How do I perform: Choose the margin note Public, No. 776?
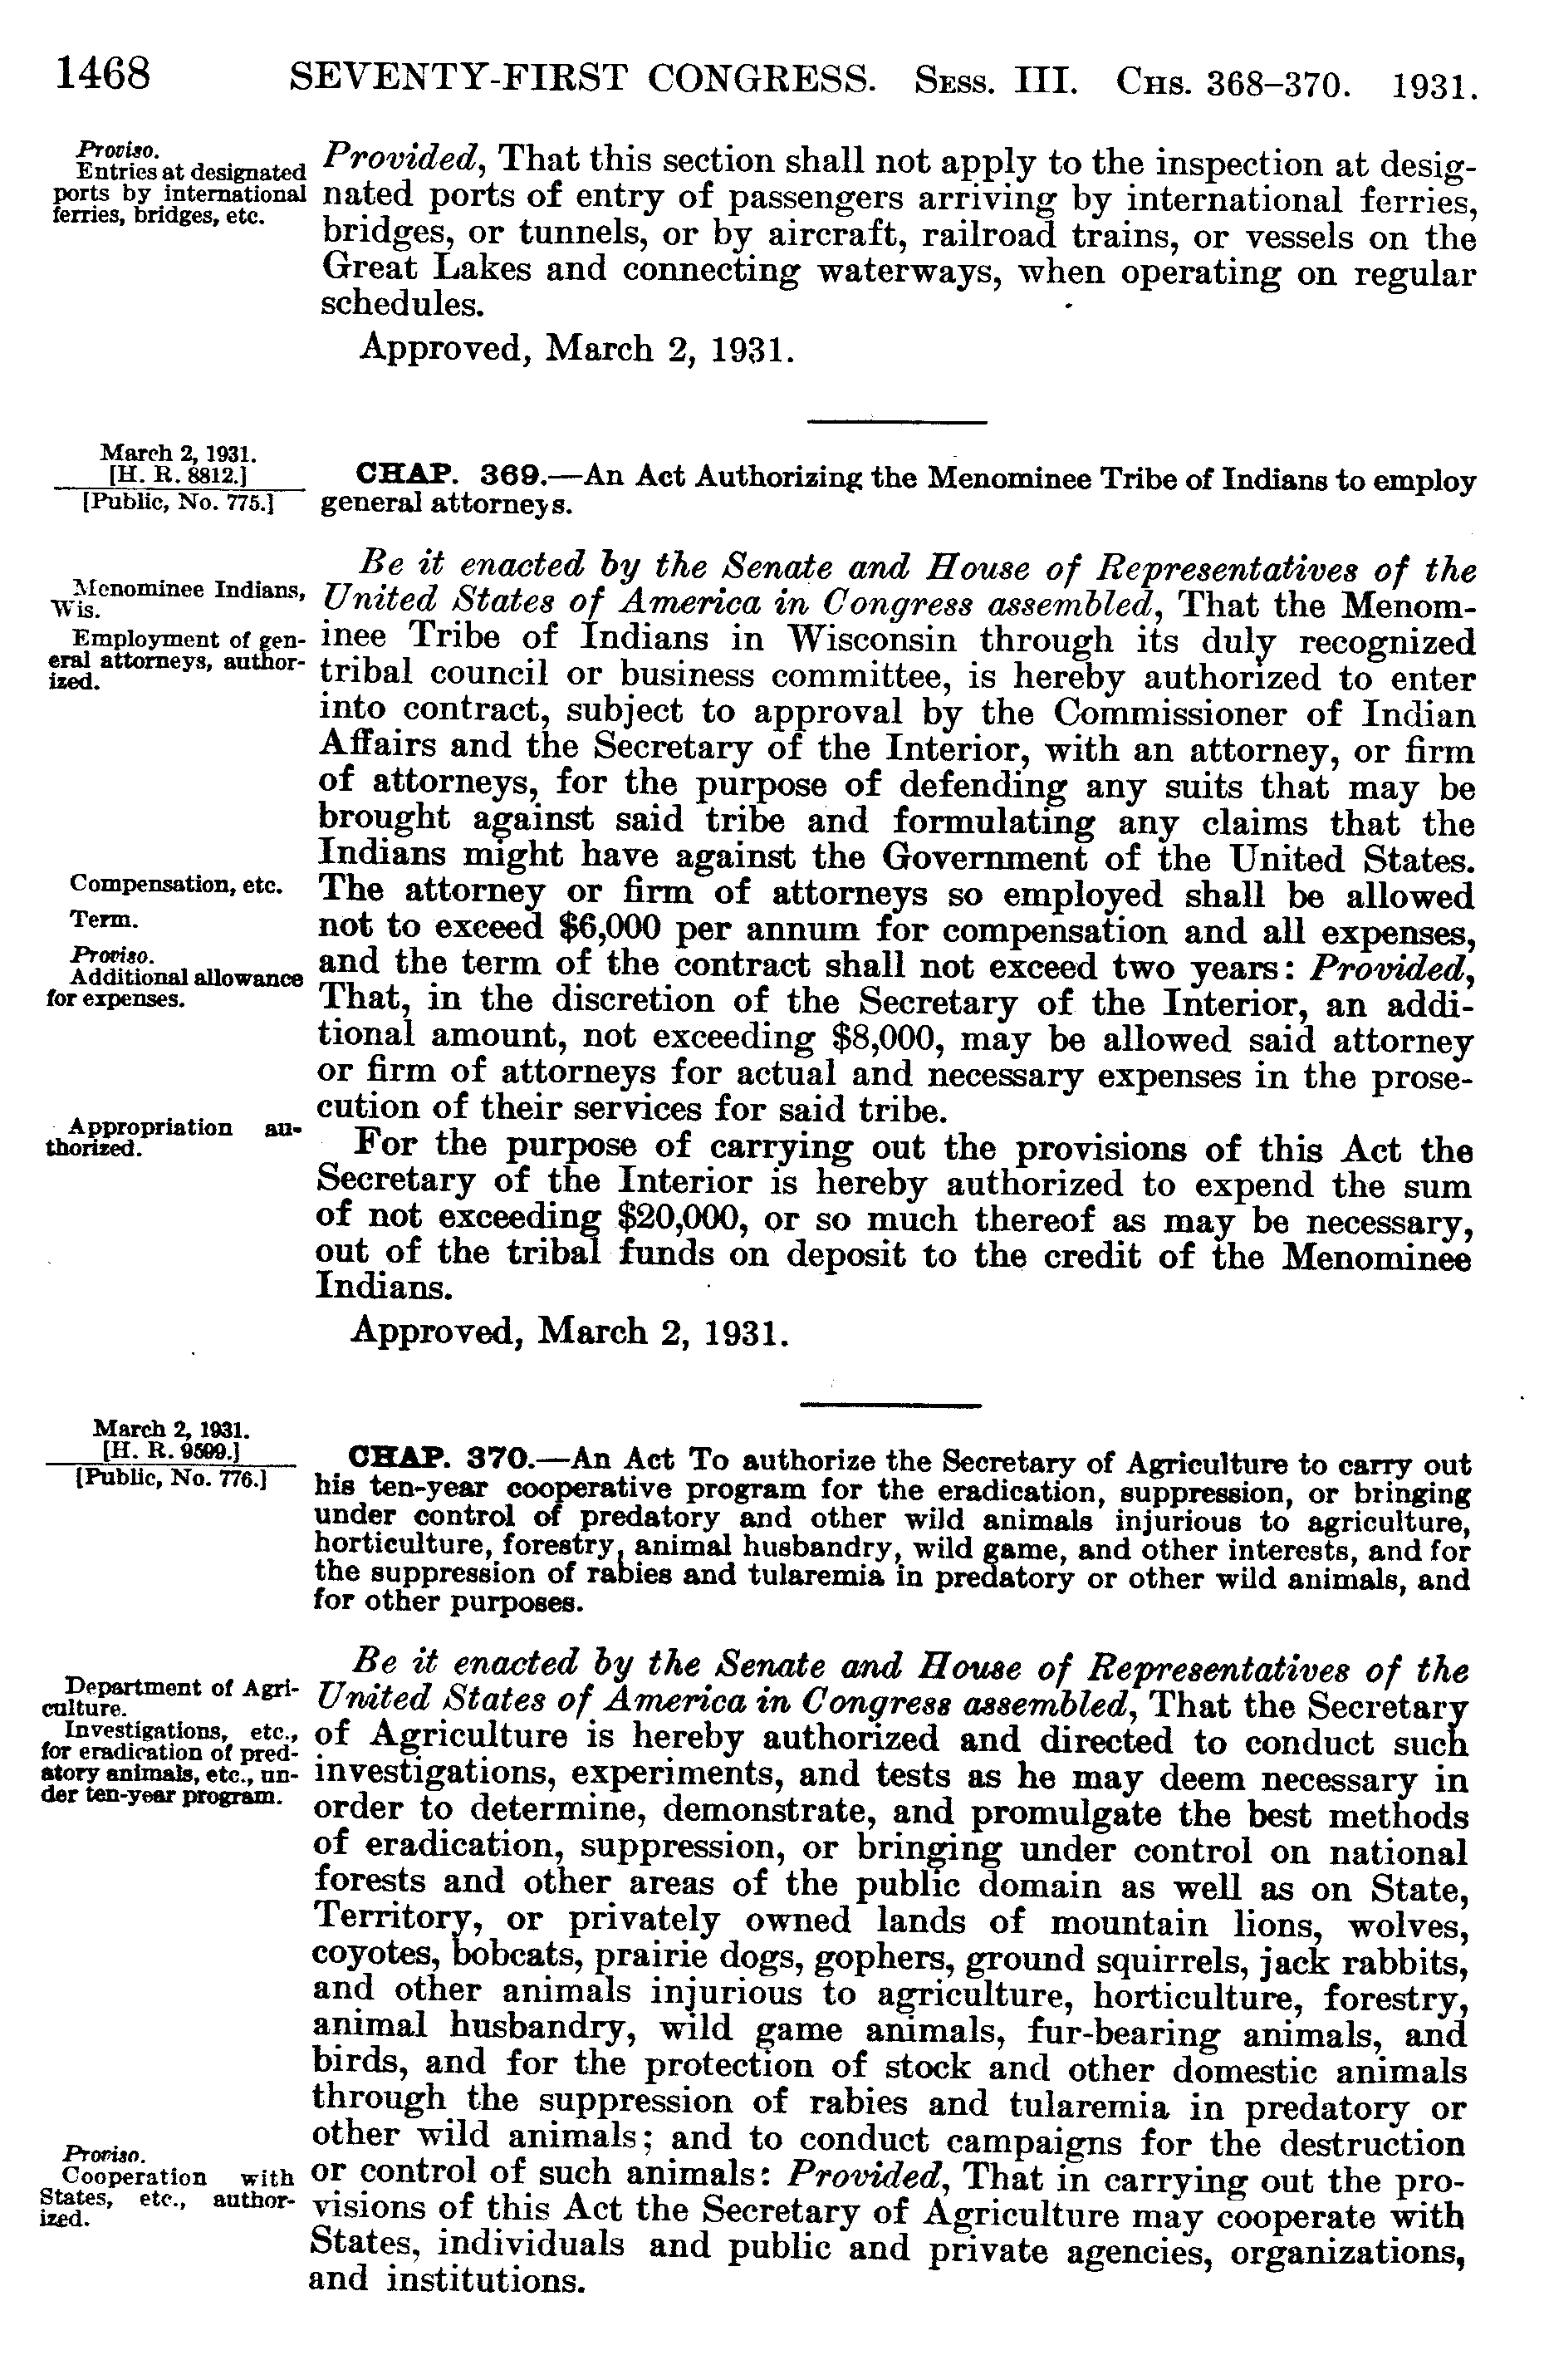coord(170,1480)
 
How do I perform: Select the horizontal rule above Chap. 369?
coord(897,424)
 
